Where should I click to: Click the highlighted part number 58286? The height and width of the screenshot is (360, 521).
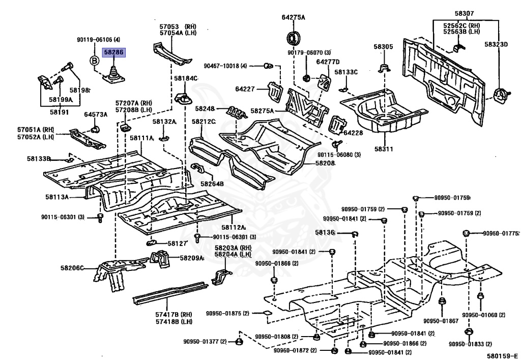point(113,52)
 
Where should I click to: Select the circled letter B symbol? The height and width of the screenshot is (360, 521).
point(94,61)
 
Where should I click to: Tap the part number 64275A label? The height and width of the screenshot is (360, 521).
point(294,17)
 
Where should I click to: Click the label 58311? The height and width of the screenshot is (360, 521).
point(384,149)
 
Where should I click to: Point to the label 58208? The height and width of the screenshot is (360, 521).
point(325,163)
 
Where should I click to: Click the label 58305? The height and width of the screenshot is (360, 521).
point(384,47)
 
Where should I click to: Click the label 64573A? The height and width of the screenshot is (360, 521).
point(96,115)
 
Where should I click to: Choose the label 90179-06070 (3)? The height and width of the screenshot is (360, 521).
point(309,52)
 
